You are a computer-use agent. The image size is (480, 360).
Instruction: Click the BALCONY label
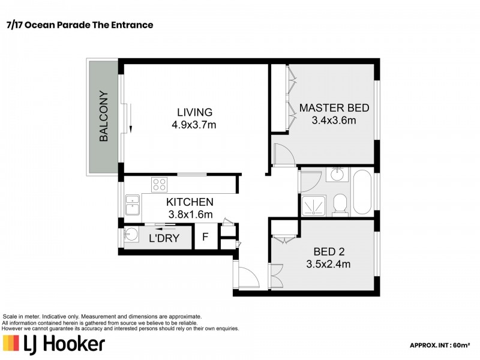pos(104,116)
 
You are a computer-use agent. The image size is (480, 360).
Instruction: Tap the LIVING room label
pos(194,112)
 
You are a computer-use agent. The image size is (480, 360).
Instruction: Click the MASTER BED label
pos(334,108)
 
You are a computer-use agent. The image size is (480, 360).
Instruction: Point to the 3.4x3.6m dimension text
pos(334,121)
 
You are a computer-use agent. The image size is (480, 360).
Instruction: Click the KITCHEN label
pos(190,202)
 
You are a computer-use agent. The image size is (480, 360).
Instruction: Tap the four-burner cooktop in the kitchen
pos(159,184)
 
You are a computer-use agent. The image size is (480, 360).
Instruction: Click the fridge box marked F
pos(205,236)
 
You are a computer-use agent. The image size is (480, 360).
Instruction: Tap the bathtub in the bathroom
pos(362,191)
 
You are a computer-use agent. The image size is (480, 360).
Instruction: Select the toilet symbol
pos(340,203)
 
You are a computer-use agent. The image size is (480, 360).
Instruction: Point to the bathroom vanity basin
pos(337,175)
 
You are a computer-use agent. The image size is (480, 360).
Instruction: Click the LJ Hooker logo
pos(54,343)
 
